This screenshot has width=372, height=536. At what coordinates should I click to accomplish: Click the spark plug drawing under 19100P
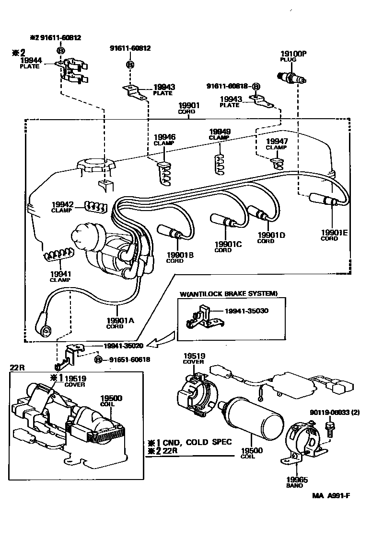pyautogui.click(x=291, y=77)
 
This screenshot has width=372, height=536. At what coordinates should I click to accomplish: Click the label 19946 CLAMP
pyautogui.click(x=164, y=139)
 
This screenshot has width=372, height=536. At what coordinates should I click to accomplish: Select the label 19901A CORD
pyautogui.click(x=115, y=323)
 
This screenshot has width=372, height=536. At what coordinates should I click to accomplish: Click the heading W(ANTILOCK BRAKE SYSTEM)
pyautogui.click(x=229, y=293)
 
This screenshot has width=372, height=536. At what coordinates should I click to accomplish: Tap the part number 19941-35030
pyautogui.click(x=247, y=311)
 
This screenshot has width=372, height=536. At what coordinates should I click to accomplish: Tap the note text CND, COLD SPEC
pyautogui.click(x=197, y=442)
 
